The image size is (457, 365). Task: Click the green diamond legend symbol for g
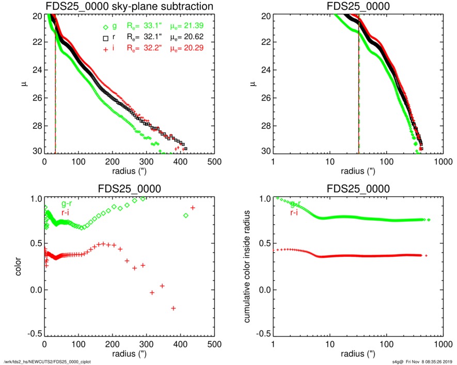click(x=105, y=27)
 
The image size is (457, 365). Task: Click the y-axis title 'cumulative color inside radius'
click(x=248, y=266)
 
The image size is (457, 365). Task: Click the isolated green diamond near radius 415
click(x=186, y=215)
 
